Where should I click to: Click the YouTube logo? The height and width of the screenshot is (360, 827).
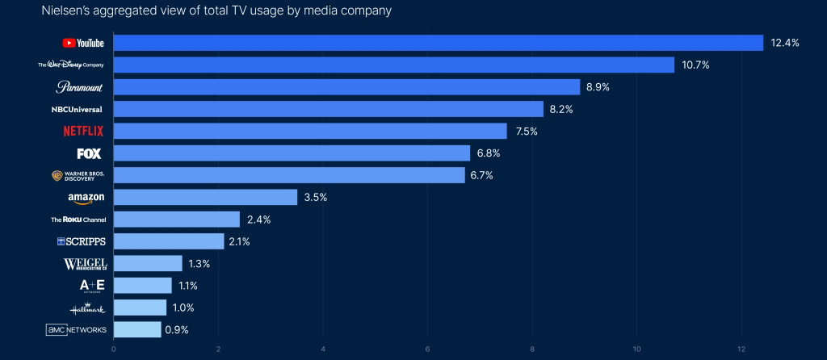[x=83, y=43]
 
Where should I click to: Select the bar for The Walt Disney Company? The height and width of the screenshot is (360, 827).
[x=393, y=65]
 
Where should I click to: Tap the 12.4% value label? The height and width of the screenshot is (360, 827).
[x=784, y=43]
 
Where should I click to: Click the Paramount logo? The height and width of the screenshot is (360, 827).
[x=80, y=86]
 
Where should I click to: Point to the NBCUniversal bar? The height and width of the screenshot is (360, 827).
[x=328, y=109]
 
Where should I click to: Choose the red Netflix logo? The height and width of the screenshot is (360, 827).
[x=83, y=131]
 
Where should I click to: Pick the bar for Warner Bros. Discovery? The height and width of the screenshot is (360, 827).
[x=289, y=175]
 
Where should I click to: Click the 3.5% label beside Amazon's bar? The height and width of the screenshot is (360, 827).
[x=316, y=197]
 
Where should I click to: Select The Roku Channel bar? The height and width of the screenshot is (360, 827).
[x=177, y=220]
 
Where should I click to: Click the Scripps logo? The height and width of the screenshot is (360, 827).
[x=82, y=241]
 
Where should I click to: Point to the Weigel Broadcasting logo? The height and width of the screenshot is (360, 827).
[x=85, y=264]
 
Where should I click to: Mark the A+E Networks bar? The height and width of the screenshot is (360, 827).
[x=143, y=286]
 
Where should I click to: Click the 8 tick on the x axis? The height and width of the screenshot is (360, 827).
[x=532, y=349]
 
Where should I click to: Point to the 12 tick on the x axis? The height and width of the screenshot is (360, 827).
[x=741, y=349]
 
